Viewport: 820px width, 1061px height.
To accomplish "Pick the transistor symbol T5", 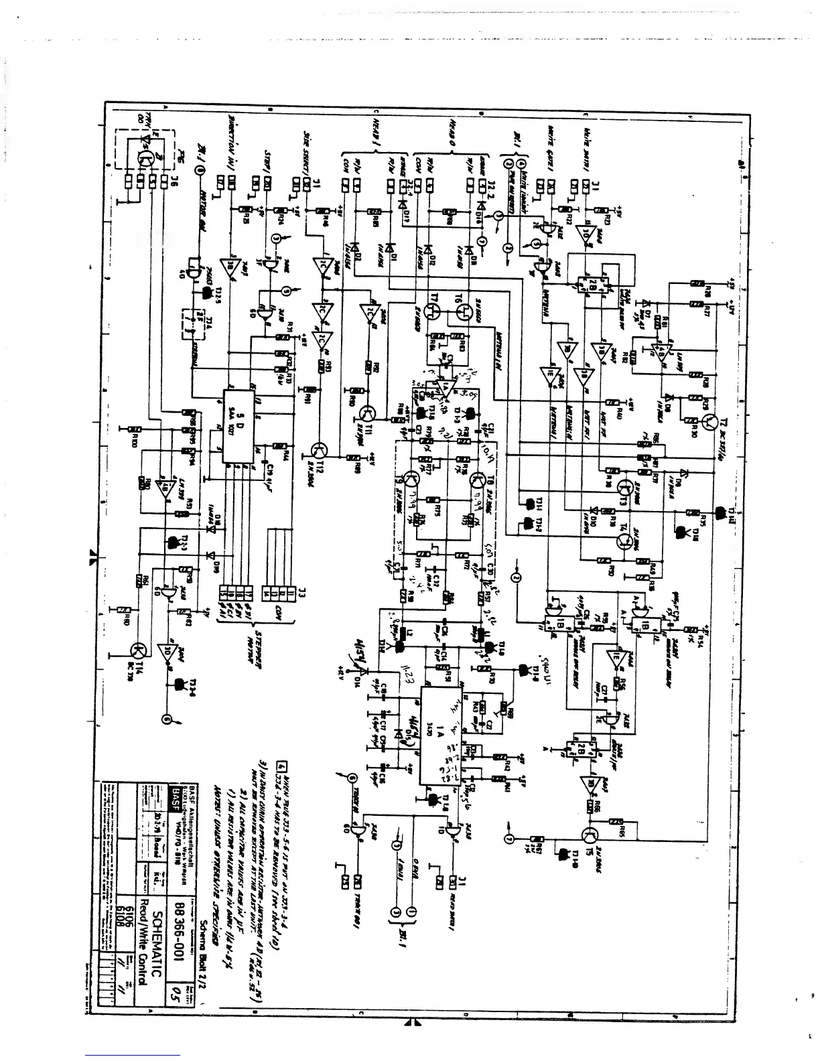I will [x=591, y=837].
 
